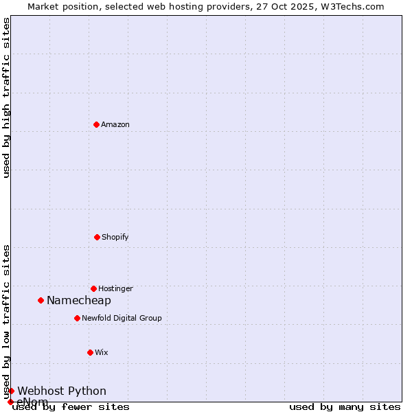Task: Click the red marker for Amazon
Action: pos(96,124)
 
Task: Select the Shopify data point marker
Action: pos(97,237)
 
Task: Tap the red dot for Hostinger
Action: pos(93,288)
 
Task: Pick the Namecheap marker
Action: pos(41,300)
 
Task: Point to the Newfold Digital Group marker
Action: pos(77,318)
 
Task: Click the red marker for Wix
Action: pos(90,352)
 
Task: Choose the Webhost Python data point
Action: pos(11,391)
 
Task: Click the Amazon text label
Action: pos(115,124)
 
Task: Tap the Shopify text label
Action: pos(115,237)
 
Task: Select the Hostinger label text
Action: pos(115,288)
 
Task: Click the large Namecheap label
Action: pos(79,300)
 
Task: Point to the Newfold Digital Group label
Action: pos(122,318)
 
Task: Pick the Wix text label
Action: pos(102,352)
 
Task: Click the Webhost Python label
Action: pos(62,391)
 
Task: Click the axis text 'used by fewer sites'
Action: pos(71,407)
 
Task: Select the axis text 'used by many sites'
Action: pos(345,407)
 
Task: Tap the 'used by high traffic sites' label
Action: pos(6,98)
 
